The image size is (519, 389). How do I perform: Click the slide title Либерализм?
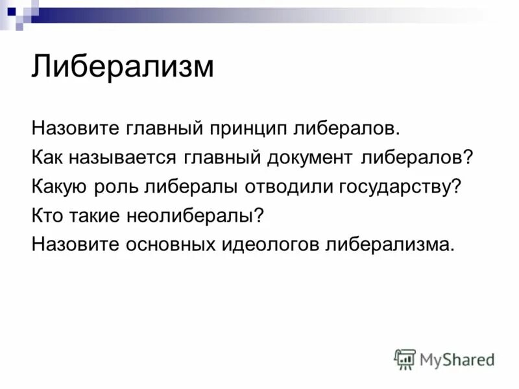(x=123, y=67)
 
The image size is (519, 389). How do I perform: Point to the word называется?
(x=123, y=158)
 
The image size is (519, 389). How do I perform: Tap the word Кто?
(x=45, y=216)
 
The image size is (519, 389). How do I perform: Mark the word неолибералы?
(x=193, y=216)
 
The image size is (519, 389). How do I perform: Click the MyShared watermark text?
(x=457, y=359)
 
